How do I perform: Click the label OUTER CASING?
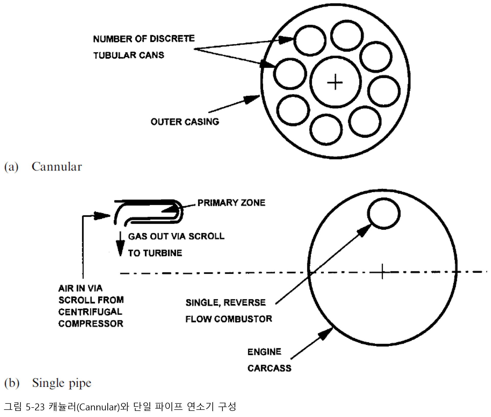(x=185, y=122)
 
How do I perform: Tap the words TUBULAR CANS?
(x=129, y=55)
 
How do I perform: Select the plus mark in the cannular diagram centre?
(x=335, y=82)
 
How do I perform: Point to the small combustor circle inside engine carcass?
(x=384, y=213)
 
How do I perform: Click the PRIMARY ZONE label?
(x=231, y=203)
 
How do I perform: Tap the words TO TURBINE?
(x=155, y=253)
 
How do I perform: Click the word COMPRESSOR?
(x=91, y=324)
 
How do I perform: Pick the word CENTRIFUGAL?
(x=90, y=312)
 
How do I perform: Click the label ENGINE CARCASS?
(x=269, y=360)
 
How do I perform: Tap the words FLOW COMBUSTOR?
(x=229, y=319)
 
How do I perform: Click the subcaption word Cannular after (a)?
(x=57, y=167)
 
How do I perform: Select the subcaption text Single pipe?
(x=61, y=383)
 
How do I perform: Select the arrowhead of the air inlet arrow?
(x=102, y=216)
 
